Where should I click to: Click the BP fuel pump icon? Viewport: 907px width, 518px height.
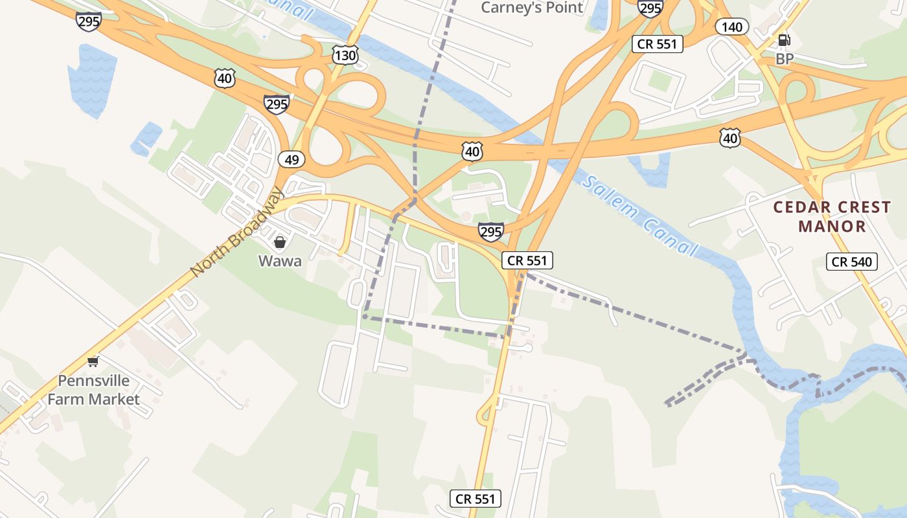[784, 40]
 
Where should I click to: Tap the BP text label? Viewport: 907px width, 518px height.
[785, 59]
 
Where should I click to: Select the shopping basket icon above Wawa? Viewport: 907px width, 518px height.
[280, 243]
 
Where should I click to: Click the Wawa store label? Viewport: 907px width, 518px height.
[280, 261]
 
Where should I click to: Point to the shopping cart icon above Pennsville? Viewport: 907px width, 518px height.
[94, 361]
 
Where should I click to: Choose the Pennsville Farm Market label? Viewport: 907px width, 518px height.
[93, 390]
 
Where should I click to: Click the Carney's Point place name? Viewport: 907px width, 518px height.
[532, 8]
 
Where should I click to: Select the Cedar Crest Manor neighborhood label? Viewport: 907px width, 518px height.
[832, 217]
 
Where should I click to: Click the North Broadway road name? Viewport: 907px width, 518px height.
[237, 231]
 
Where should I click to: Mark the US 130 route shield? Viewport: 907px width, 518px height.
[345, 56]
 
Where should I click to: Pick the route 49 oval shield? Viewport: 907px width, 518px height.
[292, 159]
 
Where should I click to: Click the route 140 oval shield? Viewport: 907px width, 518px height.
[732, 27]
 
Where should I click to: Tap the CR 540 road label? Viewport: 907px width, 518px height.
[852, 262]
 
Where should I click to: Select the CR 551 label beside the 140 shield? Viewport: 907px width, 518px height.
[658, 44]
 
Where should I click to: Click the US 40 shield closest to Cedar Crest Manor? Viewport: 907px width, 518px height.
[730, 138]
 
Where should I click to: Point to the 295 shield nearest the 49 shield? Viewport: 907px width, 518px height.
[277, 104]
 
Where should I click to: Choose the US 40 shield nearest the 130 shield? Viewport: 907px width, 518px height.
[225, 79]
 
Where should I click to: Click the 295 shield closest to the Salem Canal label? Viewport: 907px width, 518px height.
[491, 231]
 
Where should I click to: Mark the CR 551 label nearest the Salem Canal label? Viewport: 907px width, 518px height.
[527, 260]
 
